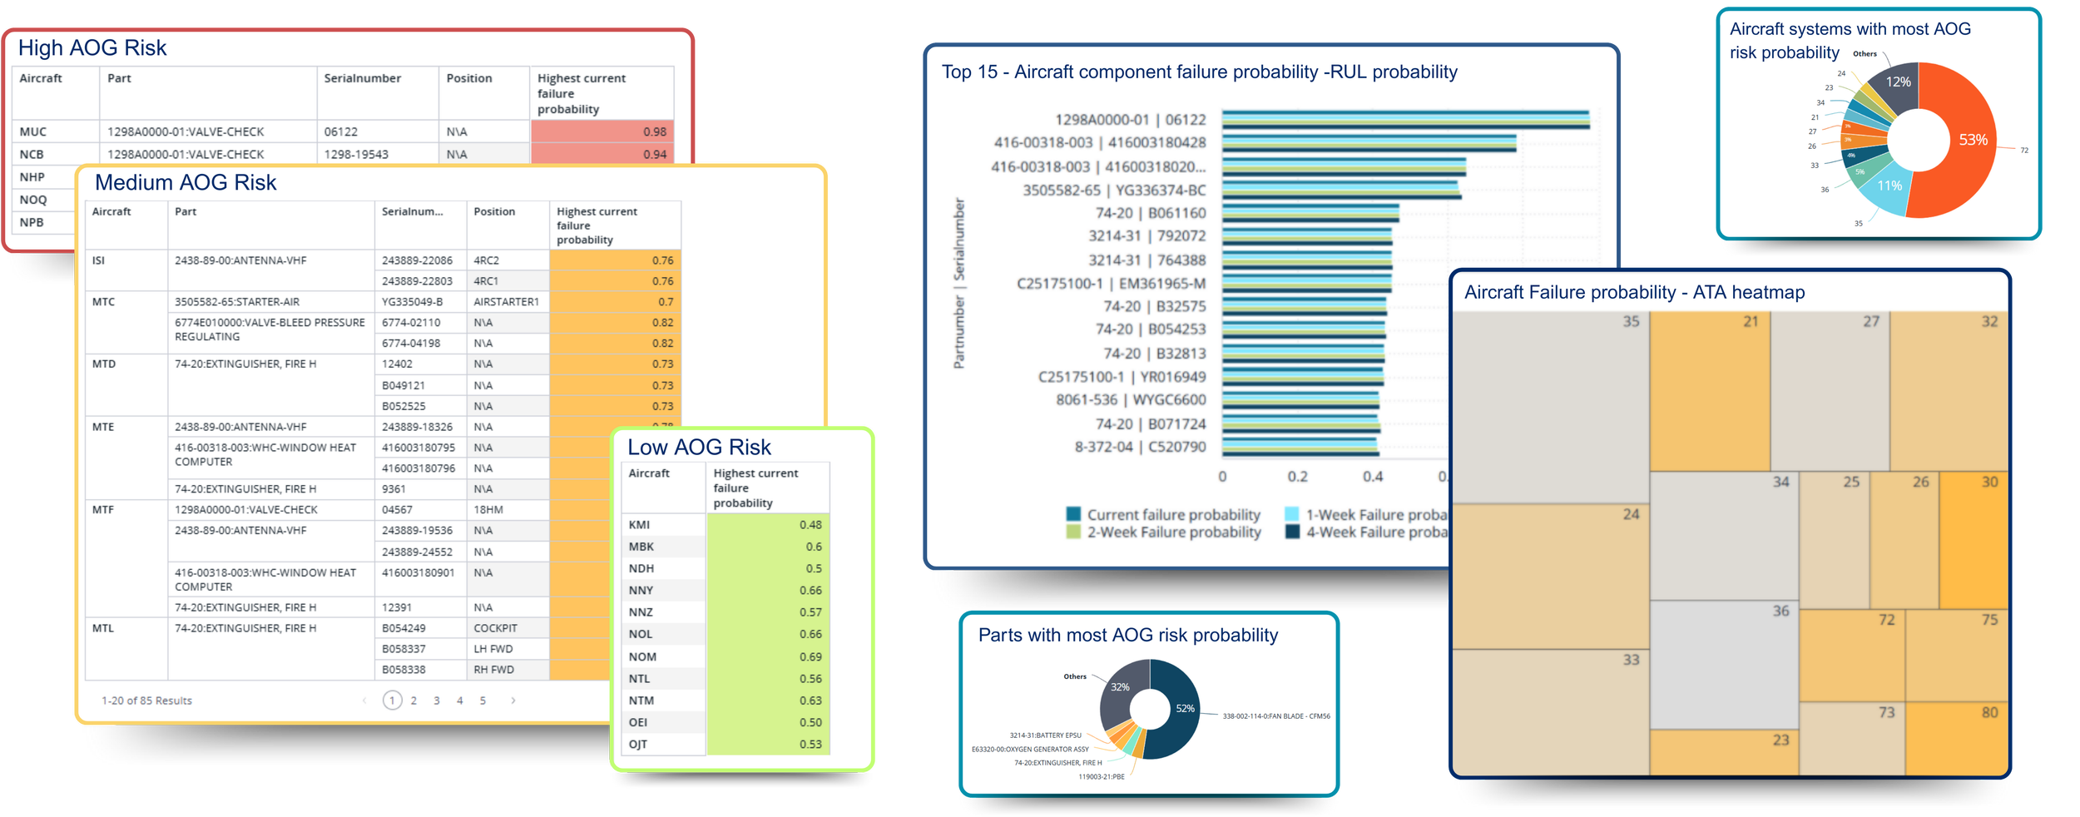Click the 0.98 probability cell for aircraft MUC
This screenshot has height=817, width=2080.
pyautogui.click(x=602, y=131)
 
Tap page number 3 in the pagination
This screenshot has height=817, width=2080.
pyautogui.click(x=437, y=701)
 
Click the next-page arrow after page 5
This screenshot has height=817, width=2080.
pyautogui.click(x=513, y=701)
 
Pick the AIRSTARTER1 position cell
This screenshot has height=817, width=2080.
pyautogui.click(x=506, y=302)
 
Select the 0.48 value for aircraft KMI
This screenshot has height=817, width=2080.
pyautogui.click(x=767, y=525)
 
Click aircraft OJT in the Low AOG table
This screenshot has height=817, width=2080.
pyautogui.click(x=638, y=744)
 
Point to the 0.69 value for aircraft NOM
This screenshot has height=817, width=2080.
pyautogui.click(x=767, y=656)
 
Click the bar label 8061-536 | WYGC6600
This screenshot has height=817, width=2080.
pyautogui.click(x=1131, y=400)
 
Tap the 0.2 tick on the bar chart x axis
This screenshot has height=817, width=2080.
pyautogui.click(x=1297, y=477)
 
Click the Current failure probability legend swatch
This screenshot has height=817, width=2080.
pyautogui.click(x=1074, y=514)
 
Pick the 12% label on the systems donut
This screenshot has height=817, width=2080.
pyautogui.click(x=1898, y=82)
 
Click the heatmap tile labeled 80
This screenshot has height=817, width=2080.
pyautogui.click(x=1957, y=738)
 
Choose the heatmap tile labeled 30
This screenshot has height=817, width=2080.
pyautogui.click(x=1973, y=541)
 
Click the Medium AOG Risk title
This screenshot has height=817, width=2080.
pyautogui.click(x=186, y=182)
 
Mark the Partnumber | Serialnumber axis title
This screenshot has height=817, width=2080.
pyautogui.click(x=959, y=283)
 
